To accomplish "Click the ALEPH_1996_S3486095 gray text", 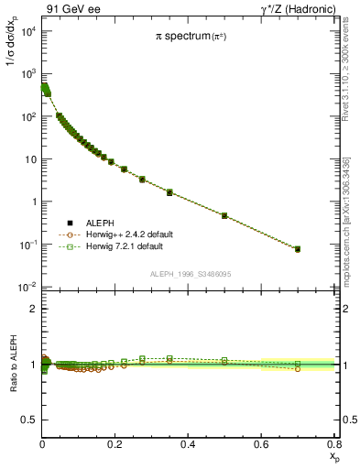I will pyautogui.click(x=189, y=275).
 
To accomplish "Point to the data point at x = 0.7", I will pyautogui.click(x=297, y=249).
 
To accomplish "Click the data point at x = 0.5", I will pyautogui.click(x=224, y=215).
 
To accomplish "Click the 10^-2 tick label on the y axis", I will pyautogui.click(x=26, y=288).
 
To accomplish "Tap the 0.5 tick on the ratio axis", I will pyautogui.click(x=29, y=420).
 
